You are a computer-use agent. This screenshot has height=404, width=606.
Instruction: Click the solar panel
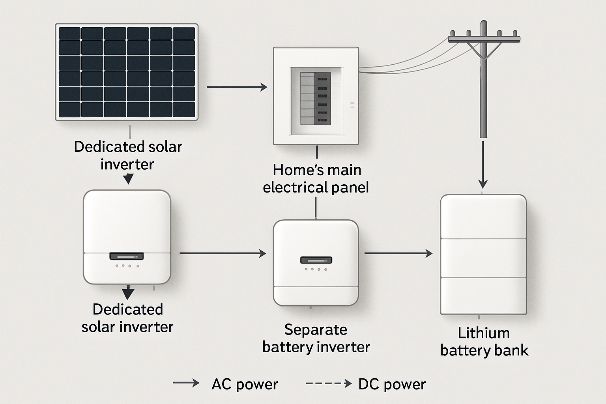click(127, 72)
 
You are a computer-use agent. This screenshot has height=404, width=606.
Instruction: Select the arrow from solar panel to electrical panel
click(237, 87)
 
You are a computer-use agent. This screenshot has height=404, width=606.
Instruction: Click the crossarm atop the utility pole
click(484, 39)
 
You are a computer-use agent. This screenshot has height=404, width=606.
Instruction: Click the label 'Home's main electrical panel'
click(316, 178)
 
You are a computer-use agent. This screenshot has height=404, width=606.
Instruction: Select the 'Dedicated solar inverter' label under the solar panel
click(128, 155)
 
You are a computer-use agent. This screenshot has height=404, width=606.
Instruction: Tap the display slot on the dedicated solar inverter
click(126, 256)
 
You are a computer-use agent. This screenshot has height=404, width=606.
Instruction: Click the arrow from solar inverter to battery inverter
click(223, 253)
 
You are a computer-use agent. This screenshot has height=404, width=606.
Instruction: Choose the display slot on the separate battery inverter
click(316, 260)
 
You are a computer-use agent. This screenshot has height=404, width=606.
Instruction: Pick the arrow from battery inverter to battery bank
click(398, 253)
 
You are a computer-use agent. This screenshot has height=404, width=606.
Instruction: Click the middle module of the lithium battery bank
click(483, 258)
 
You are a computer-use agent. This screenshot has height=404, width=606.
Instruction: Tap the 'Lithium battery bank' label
click(484, 342)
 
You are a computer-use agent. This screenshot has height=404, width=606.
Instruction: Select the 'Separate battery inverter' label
click(316, 338)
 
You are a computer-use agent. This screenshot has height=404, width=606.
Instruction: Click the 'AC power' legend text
click(245, 384)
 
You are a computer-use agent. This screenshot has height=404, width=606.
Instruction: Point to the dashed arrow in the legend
click(329, 383)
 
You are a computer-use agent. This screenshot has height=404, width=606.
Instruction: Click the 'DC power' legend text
click(392, 384)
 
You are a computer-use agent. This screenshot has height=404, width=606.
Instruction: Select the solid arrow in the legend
click(186, 383)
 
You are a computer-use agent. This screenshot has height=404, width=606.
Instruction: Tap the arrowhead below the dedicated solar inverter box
click(128, 294)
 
